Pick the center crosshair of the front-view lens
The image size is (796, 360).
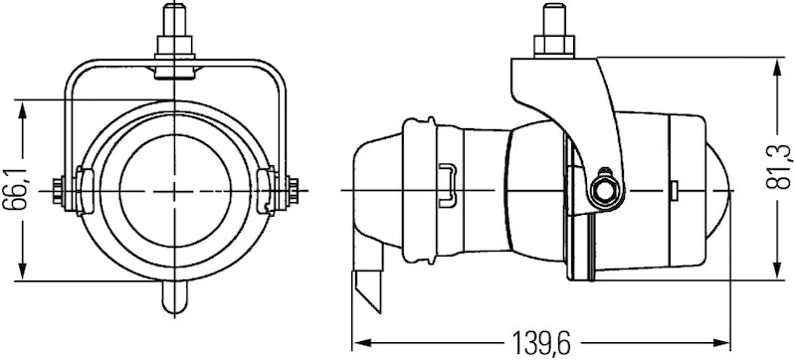pyautogui.click(x=175, y=188)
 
